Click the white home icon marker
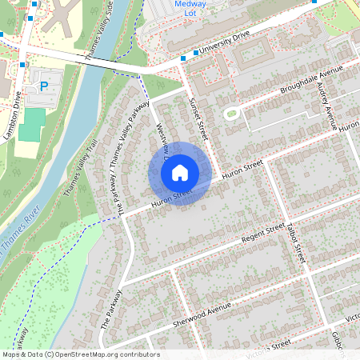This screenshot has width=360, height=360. pyautogui.click(x=180, y=172)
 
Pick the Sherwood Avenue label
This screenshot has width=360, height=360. pyautogui.click(x=202, y=314)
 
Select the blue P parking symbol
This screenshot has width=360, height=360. pyautogui.click(x=44, y=85)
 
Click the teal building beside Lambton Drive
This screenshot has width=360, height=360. pyautogui.click(x=33, y=125)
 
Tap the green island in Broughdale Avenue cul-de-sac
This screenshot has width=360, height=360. pyautogui.click(x=233, y=114)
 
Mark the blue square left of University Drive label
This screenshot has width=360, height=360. pyautogui.click(x=184, y=58)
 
